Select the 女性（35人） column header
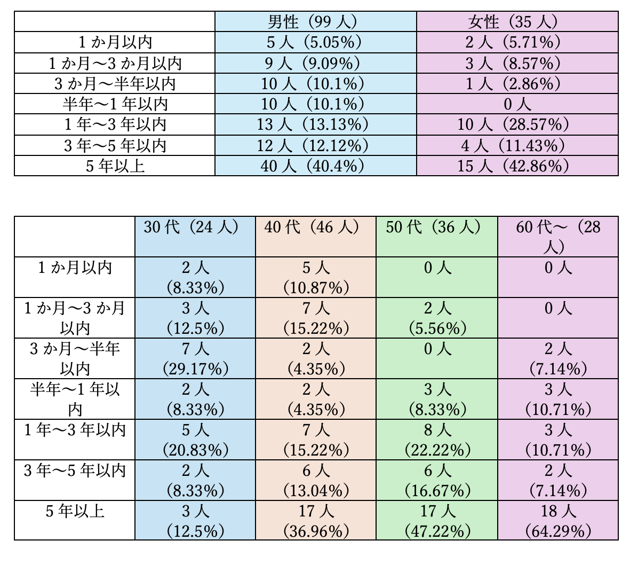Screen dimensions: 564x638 pyautogui.click(x=516, y=22)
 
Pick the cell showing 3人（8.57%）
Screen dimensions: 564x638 pyautogui.click(x=516, y=63)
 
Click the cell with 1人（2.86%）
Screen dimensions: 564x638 pyautogui.click(x=516, y=83)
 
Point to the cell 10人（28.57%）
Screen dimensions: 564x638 pyautogui.click(x=516, y=124)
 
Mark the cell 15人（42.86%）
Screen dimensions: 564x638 pyautogui.click(x=516, y=166)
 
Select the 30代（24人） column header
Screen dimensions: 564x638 pyautogui.click(x=195, y=236)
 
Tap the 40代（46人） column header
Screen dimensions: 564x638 pyautogui.click(x=315, y=236)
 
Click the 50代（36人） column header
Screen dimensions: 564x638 pyautogui.click(x=436, y=236)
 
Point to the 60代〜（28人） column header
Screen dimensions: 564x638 pyautogui.click(x=557, y=236)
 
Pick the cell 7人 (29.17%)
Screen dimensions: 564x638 pyautogui.click(x=195, y=358)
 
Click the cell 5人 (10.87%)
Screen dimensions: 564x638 pyautogui.click(x=315, y=277)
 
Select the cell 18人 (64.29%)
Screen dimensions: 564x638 pyautogui.click(x=557, y=520)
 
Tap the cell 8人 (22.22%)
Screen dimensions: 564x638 pyautogui.click(x=436, y=440)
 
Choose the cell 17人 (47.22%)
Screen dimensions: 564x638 pyautogui.click(x=436, y=520)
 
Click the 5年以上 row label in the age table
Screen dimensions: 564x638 pyautogui.click(x=75, y=512)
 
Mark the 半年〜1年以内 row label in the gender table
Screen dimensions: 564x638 pyautogui.click(x=115, y=104)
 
